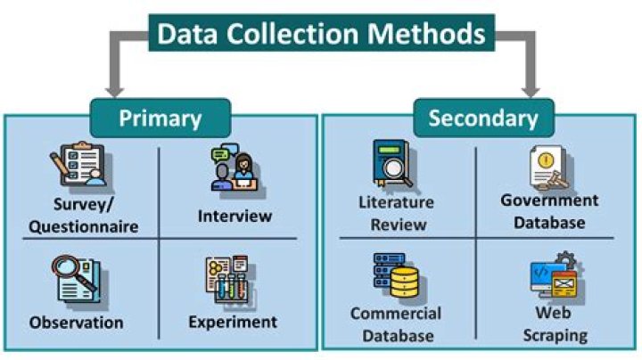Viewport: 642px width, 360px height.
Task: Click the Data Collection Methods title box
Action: (x=322, y=35)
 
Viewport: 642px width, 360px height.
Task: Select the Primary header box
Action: (x=160, y=118)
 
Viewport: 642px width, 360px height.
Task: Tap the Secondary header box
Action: (x=482, y=118)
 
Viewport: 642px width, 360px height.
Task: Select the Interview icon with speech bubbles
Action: (x=235, y=169)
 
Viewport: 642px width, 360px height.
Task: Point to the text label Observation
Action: (x=77, y=322)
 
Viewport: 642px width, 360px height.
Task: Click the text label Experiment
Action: (x=233, y=322)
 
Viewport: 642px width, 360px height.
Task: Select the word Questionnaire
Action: (x=84, y=226)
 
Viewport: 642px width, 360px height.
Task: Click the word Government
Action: (x=549, y=200)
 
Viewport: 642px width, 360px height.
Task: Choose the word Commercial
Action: (x=395, y=314)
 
